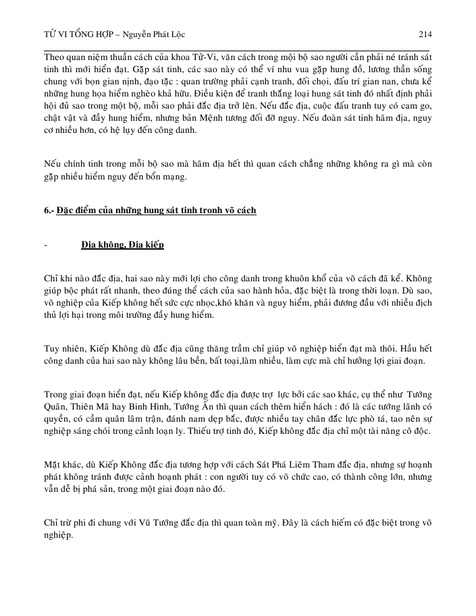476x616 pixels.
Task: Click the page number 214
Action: (x=425, y=34)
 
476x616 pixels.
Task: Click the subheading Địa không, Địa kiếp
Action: (x=122, y=244)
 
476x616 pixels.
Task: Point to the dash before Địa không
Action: (x=45, y=244)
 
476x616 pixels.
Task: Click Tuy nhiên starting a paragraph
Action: (x=63, y=349)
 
